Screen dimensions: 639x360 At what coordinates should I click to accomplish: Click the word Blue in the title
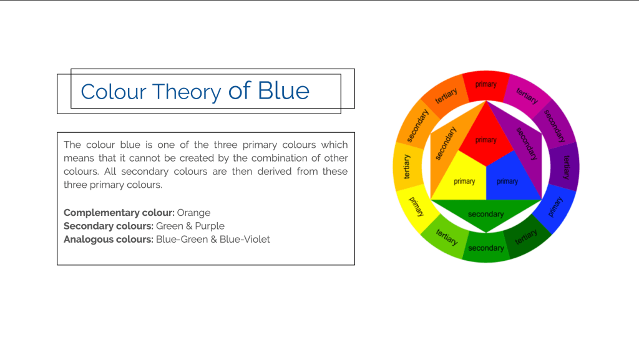(284, 90)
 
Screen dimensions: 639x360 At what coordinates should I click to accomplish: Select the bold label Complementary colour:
(119, 213)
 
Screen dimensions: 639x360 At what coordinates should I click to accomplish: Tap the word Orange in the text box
(193, 213)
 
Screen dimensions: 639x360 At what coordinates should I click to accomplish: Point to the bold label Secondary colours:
(109, 226)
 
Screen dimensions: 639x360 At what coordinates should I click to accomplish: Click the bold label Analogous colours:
(109, 240)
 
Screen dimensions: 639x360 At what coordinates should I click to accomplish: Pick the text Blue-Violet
(245, 240)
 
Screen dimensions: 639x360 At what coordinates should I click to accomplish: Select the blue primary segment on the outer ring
(555, 207)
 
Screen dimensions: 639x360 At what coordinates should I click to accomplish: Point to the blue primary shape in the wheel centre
(509, 179)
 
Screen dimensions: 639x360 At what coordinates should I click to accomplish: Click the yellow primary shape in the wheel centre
(462, 179)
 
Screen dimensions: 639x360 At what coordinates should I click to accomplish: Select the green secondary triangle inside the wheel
(485, 213)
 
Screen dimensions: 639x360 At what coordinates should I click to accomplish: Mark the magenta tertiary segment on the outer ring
(527, 94)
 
